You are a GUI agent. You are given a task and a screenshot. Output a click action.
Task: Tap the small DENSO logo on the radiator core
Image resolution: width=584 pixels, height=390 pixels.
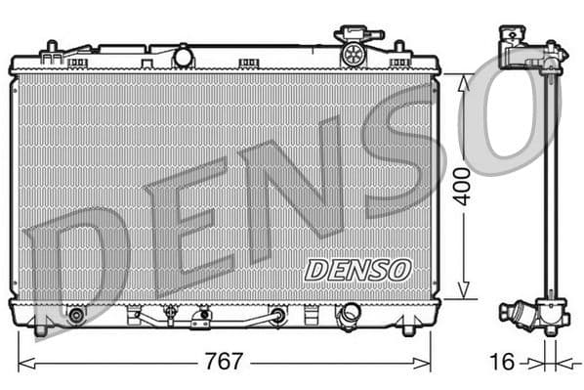point(358,270)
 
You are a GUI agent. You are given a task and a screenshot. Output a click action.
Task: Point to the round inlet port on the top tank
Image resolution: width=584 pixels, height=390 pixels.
point(183,57)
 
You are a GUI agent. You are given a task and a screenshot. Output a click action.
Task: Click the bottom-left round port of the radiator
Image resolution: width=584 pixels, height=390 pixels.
point(76,316)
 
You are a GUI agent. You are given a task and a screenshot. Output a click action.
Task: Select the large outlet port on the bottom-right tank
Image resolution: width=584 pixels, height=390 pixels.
point(349,314)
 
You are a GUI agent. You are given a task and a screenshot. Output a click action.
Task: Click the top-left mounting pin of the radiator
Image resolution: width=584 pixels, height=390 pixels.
point(50,47)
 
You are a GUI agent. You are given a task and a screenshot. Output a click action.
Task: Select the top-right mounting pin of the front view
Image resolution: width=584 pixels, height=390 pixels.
point(399,47)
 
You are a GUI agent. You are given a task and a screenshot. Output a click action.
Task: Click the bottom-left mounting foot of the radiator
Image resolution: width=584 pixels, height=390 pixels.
point(40,329)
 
